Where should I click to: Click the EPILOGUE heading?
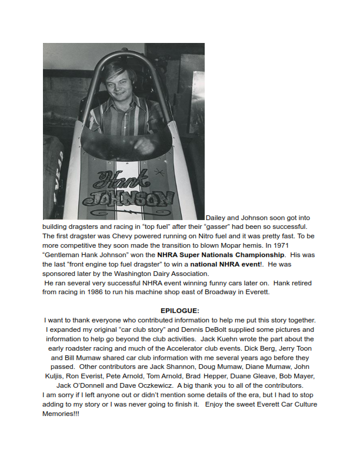pos(180,310)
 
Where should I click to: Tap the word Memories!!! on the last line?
pos(61,414)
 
